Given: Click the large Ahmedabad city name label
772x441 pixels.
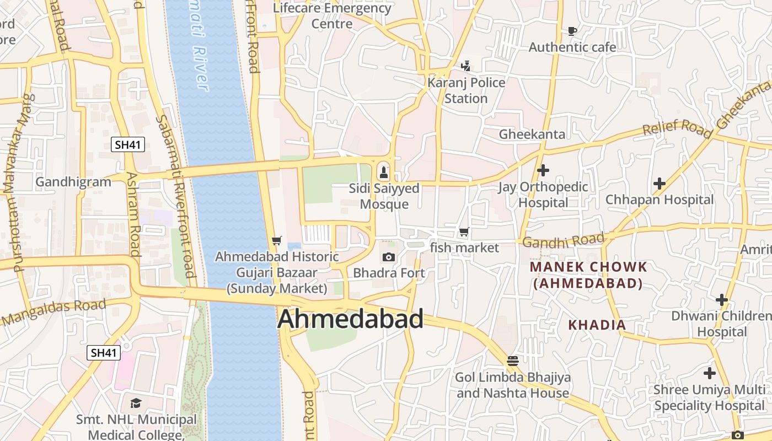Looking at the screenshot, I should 351,319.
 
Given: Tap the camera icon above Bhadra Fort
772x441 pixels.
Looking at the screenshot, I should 389,257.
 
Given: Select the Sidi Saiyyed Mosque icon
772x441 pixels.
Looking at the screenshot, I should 384,172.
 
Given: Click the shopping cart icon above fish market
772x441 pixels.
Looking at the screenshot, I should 464,232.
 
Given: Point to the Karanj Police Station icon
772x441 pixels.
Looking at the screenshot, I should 466,66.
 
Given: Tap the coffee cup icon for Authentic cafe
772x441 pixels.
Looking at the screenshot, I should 572,31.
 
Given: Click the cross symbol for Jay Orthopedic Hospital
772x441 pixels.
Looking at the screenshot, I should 543,170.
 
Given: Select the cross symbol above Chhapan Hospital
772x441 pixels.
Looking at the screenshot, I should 659,183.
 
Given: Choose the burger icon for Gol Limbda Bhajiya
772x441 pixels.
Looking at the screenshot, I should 512,361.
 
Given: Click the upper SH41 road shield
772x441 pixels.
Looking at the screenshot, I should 128,145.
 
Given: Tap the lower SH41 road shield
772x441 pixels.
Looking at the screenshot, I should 104,353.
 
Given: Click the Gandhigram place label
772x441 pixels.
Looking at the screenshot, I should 73,182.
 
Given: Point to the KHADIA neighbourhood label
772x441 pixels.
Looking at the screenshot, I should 597,325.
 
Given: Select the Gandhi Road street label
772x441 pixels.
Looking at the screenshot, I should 563,241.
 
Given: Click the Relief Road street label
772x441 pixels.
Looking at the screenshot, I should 677,128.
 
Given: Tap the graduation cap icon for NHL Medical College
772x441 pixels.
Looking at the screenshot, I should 136,403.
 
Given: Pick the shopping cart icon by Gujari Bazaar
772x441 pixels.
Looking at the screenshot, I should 277,241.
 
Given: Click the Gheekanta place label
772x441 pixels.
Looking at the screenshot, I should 532,134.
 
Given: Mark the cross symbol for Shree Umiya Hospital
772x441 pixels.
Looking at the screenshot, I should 709,373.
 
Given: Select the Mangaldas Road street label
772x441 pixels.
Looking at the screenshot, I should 53,312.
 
